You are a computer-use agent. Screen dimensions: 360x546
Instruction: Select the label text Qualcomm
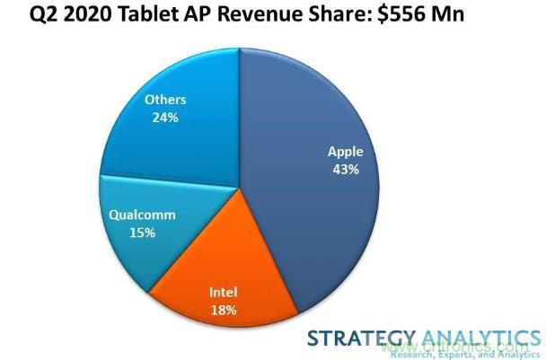click(x=142, y=215)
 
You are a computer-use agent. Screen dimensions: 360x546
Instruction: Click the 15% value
click(x=142, y=233)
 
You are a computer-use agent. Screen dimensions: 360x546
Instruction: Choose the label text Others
click(x=165, y=99)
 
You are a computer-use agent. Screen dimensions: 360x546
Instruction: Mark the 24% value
click(x=165, y=116)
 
